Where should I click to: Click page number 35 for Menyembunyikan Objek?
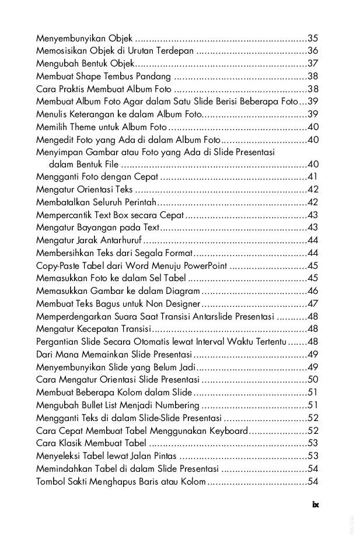[313, 38]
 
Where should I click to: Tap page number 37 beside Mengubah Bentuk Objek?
[313, 64]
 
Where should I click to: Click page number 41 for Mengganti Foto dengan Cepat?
[313, 177]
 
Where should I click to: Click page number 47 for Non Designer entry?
[313, 303]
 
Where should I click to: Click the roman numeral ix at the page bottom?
[316, 505]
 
